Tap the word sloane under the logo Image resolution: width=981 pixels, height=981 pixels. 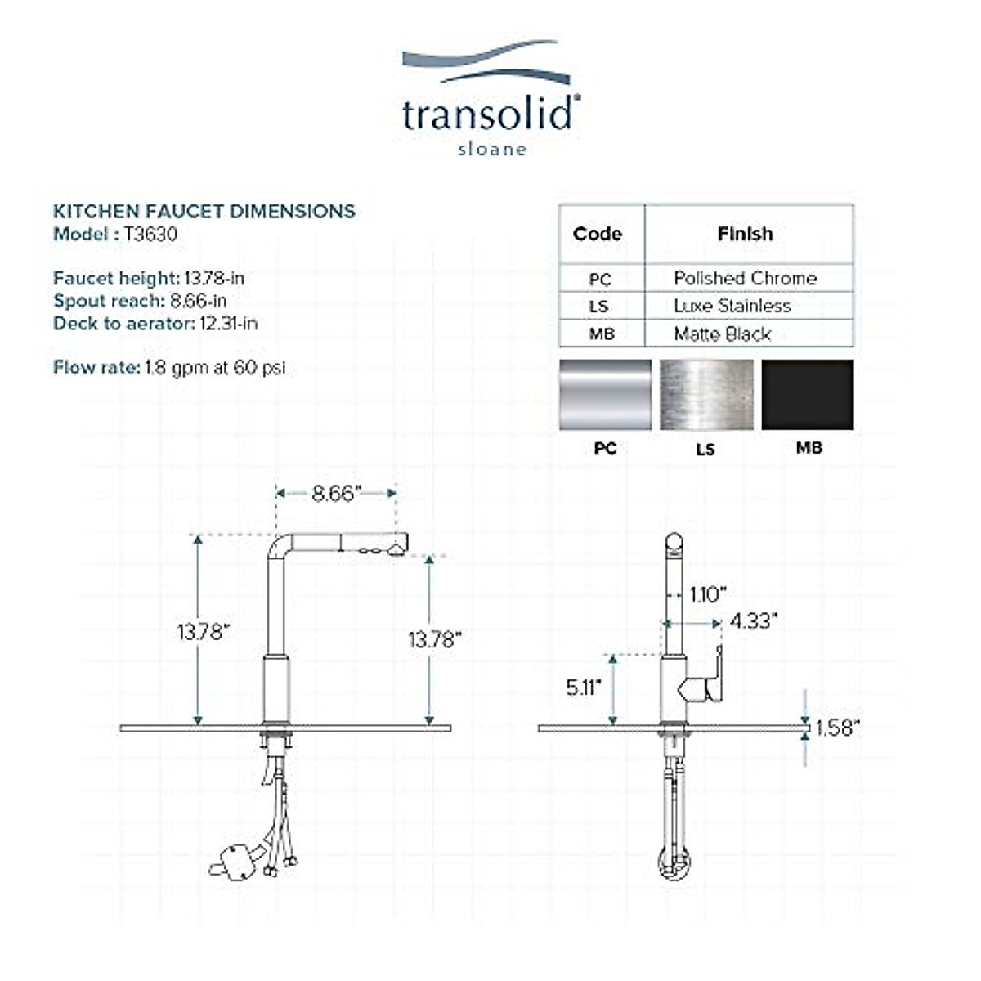tap(491, 150)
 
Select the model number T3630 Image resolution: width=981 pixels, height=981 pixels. tap(150, 235)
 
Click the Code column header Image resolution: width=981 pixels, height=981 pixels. tap(598, 234)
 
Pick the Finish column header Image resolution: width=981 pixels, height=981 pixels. tap(745, 234)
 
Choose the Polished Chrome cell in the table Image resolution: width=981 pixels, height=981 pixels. tap(745, 279)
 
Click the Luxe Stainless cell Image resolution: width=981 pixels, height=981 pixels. tap(732, 307)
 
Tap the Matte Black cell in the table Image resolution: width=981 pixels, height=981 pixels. tap(723, 334)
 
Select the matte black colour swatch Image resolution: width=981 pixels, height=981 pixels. tap(808, 395)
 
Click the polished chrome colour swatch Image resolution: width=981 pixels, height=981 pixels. tap(605, 395)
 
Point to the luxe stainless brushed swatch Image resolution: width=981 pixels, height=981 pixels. tap(706, 395)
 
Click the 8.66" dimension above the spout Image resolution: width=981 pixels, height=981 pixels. tap(337, 494)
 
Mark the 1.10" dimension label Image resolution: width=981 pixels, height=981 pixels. tap(708, 594)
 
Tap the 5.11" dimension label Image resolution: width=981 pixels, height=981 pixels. tap(584, 688)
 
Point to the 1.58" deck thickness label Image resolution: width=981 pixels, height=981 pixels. tap(838, 728)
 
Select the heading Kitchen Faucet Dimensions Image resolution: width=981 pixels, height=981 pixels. tap(204, 212)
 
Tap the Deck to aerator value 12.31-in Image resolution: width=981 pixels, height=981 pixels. tap(228, 324)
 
